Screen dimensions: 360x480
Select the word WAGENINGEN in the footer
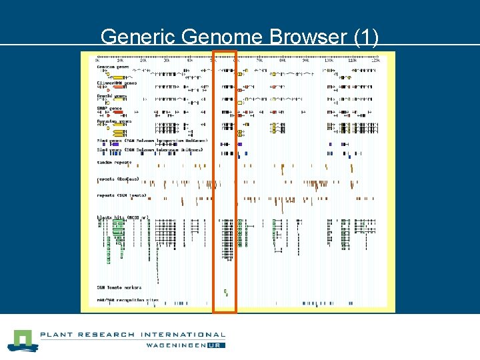176,345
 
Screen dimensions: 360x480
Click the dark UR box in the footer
217,345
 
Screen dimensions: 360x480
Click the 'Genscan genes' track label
113,67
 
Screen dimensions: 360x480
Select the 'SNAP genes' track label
110,108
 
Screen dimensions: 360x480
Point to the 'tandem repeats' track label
115,163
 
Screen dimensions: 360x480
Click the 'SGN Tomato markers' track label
119,287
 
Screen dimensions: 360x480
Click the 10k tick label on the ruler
121,60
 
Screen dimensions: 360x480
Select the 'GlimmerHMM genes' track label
117,82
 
